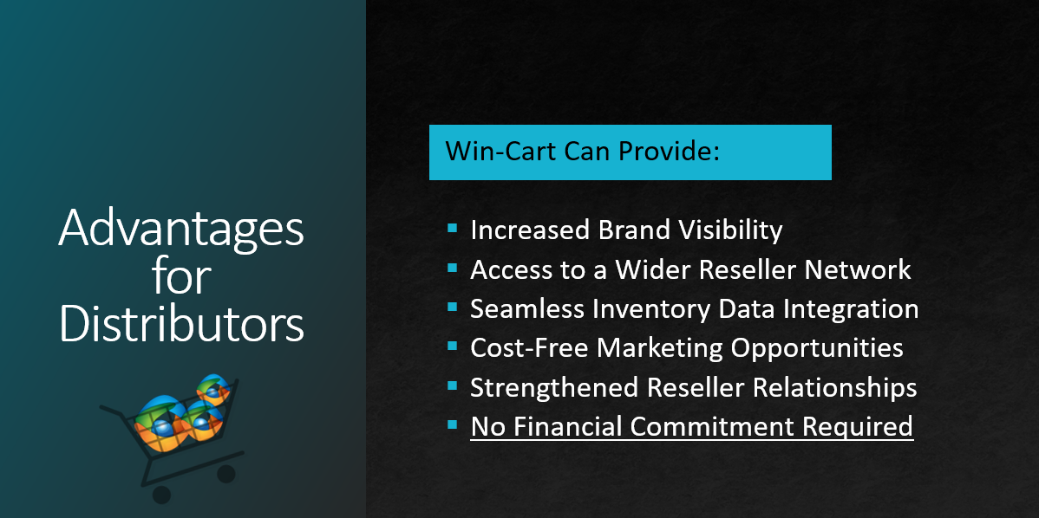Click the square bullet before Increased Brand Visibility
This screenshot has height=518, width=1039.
[452, 229]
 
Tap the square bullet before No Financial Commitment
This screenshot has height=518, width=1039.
[452, 425]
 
